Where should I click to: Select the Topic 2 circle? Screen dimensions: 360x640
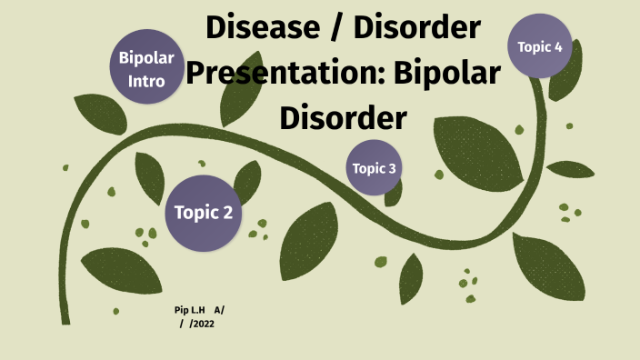[x=204, y=213]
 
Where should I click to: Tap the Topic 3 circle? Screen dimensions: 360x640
[x=374, y=168]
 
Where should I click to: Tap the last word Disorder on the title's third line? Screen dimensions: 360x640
[x=342, y=117]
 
